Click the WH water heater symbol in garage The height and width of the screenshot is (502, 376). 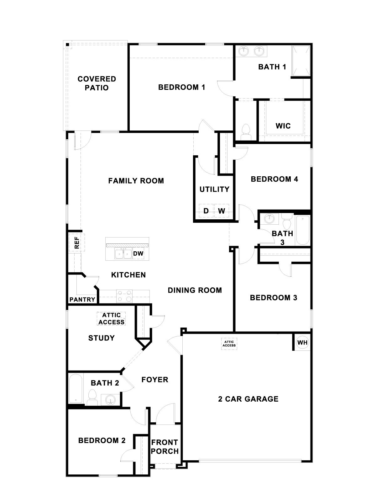coord(302,342)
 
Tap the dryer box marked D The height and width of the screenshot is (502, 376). coord(206,211)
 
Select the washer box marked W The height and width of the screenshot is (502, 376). coord(222,211)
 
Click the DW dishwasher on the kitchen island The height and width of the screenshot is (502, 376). coord(138,254)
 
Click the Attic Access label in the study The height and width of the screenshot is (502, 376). coord(111,319)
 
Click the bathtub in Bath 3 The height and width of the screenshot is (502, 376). coord(302,230)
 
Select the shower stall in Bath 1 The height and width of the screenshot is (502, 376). coord(301,61)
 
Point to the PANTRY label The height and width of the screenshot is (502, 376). coord(82,299)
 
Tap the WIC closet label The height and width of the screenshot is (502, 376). coord(283,126)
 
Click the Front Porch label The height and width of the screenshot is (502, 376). coord(164,447)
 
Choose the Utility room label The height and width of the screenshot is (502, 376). coord(214,189)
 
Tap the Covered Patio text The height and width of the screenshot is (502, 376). coord(97,83)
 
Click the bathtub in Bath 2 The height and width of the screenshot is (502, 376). coord(76,388)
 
